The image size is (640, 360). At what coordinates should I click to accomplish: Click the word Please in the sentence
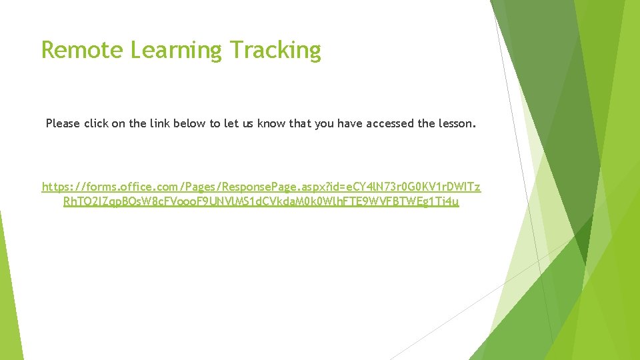click(x=63, y=123)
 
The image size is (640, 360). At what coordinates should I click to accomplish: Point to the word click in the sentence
click(x=97, y=123)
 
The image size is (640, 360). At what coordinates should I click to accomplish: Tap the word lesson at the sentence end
click(x=457, y=123)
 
